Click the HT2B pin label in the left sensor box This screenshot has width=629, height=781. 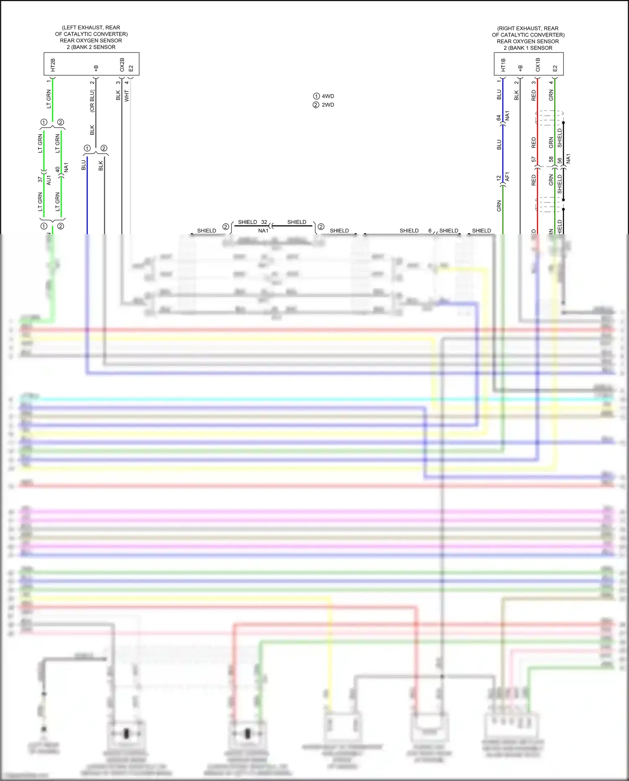pos(53,65)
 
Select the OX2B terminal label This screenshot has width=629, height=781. pos(122,65)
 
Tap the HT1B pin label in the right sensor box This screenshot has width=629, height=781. pos(503,65)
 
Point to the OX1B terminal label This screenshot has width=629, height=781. pos(538,65)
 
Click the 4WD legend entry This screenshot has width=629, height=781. pos(328,96)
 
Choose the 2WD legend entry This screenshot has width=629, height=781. pos(328,105)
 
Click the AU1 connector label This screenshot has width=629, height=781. pos(49,180)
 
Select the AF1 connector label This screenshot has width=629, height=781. pos(507,177)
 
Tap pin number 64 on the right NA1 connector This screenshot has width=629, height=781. pos(499,118)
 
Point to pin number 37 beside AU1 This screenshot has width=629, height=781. pos(40,179)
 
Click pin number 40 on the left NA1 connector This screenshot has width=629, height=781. pos(57,170)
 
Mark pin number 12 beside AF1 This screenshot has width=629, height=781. pos(499,178)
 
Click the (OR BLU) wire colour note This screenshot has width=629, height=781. pos(92,101)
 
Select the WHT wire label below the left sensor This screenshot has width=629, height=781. pos(127,96)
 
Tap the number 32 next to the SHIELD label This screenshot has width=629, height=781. pos(264,222)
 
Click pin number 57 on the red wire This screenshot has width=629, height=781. pos(533,159)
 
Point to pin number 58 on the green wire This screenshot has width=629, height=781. pos(551,159)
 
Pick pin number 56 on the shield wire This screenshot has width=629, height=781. pos(560,161)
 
